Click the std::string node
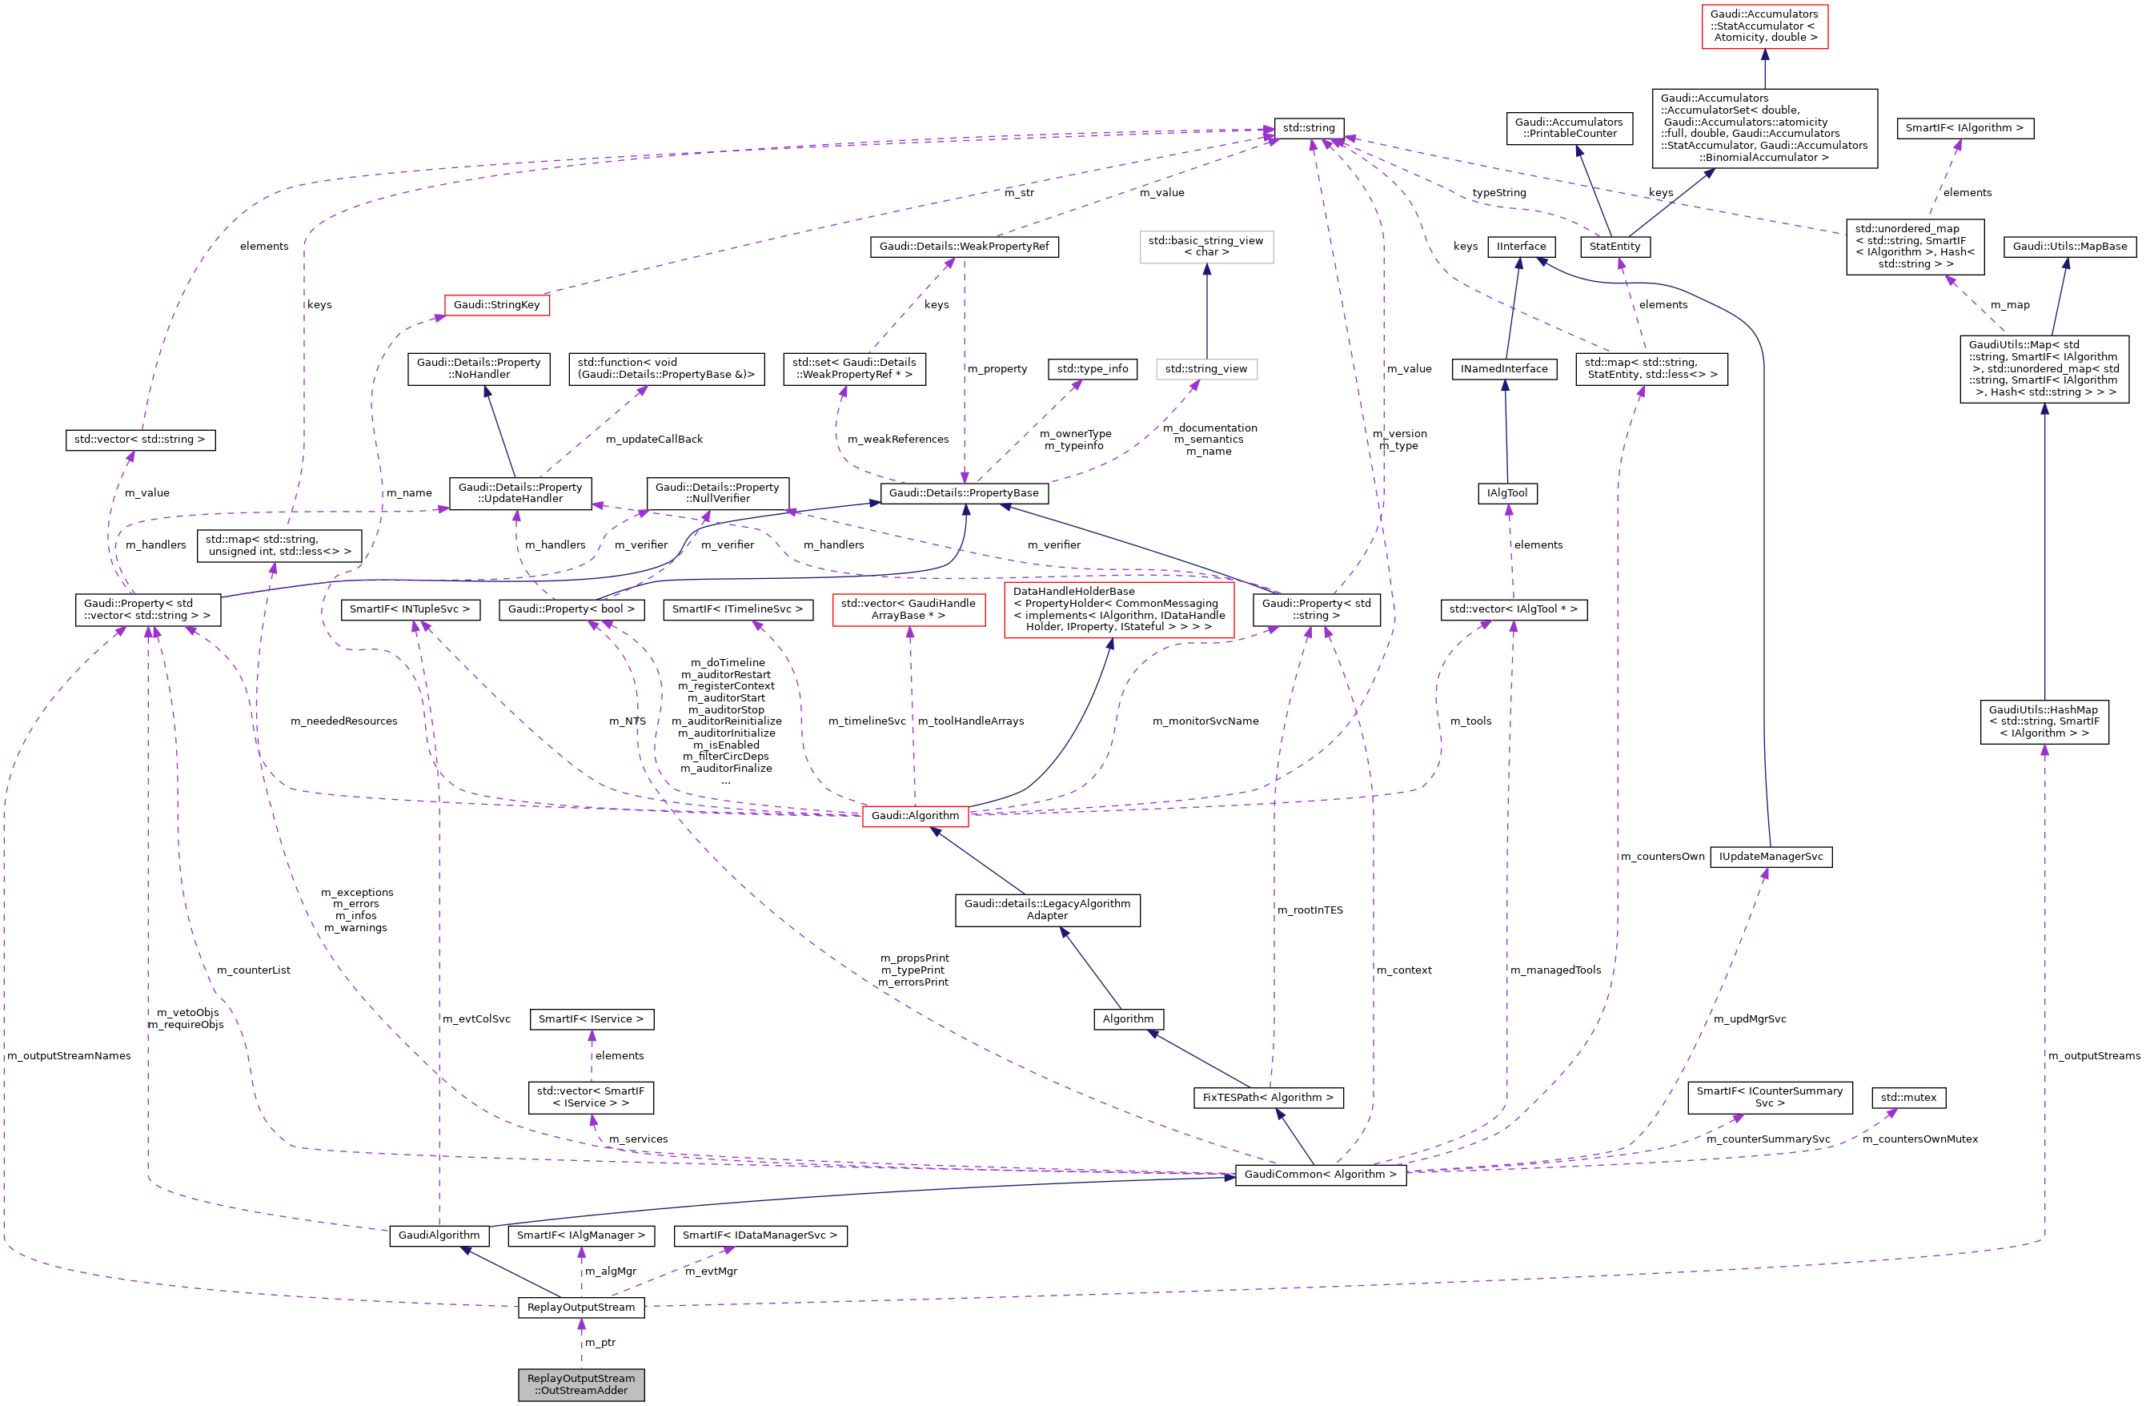coord(1309,128)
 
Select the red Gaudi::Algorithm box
coord(914,815)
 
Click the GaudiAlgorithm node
coord(439,1235)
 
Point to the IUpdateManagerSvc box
coord(1770,856)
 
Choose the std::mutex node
coord(1908,1098)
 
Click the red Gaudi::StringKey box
coord(496,305)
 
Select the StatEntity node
coord(1614,246)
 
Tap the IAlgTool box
coord(1506,492)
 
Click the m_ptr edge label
coord(600,1342)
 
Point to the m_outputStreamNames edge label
coord(69,1055)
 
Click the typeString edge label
coord(1498,192)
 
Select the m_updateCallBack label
coord(654,440)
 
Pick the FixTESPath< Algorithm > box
coord(1267,1098)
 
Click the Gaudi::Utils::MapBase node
coord(2069,246)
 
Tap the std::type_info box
coord(1092,369)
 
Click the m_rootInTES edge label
coord(1310,910)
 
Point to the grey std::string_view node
coord(1205,369)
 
